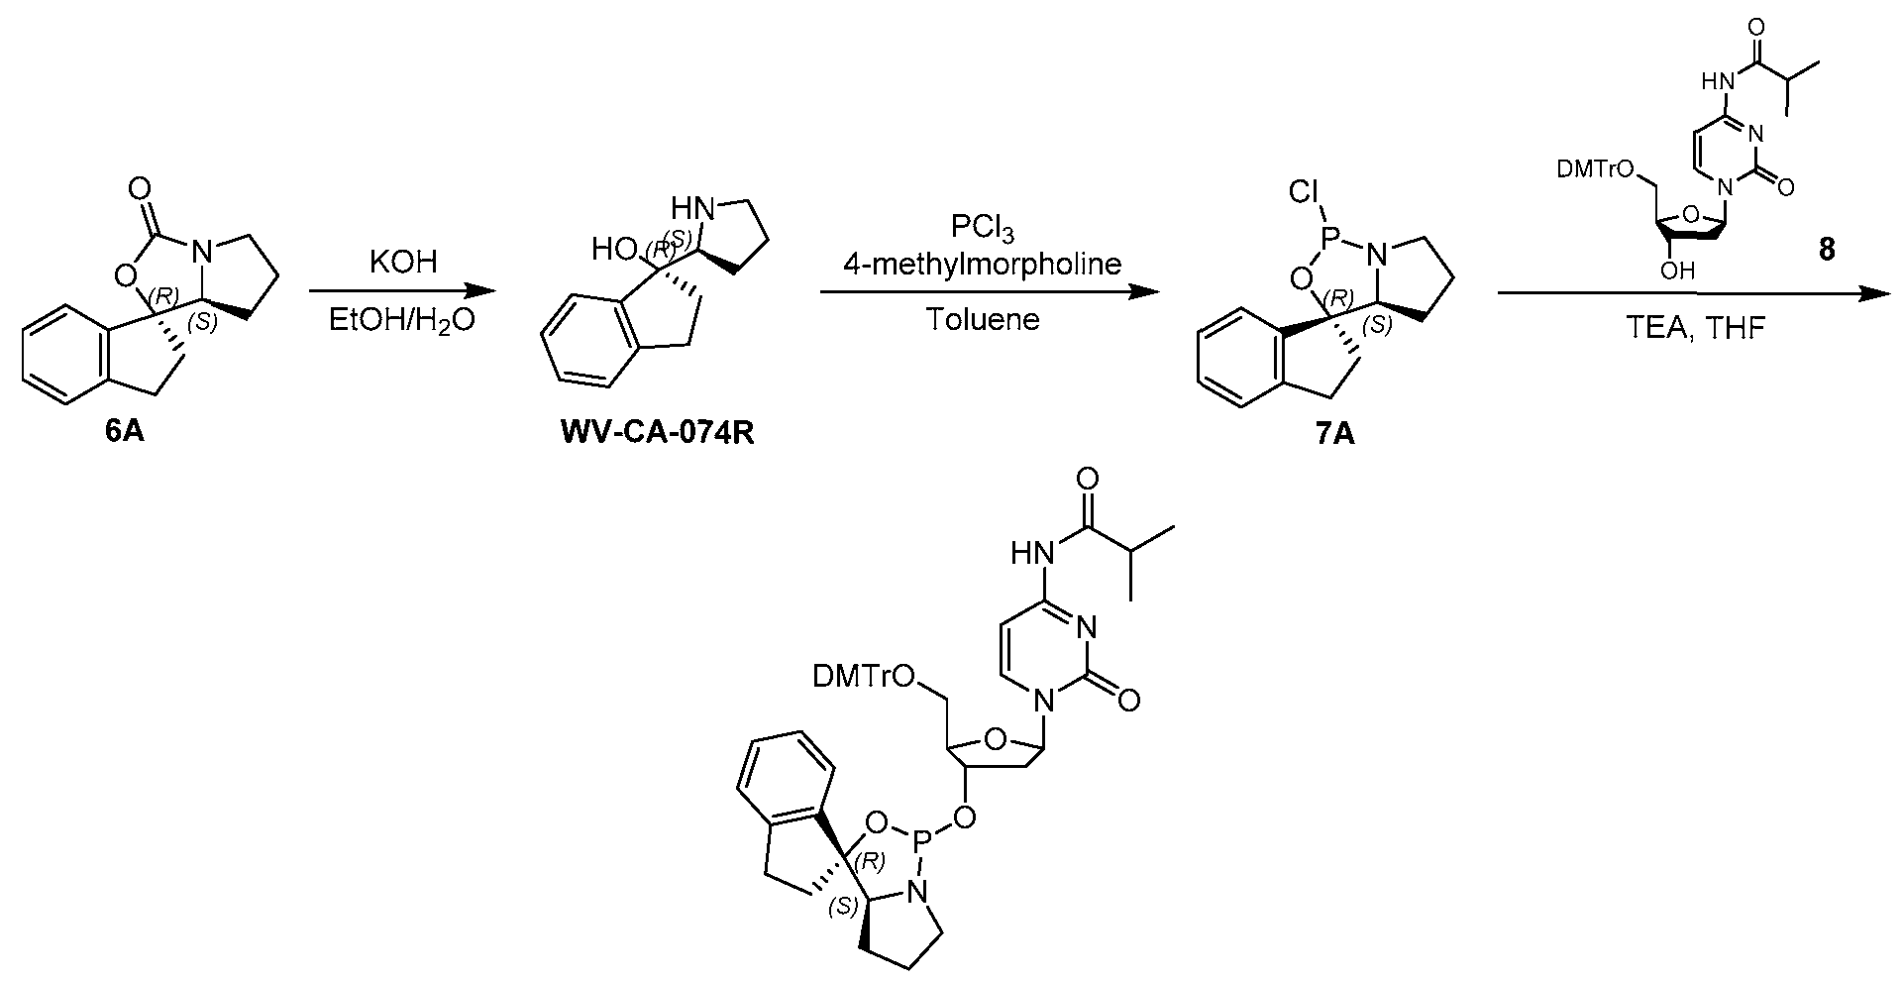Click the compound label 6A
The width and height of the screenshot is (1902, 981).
tap(125, 433)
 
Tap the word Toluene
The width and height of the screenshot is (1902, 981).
tap(982, 320)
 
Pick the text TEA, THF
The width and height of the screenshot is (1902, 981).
tap(1696, 328)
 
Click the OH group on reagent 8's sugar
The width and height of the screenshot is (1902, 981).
tap(1676, 270)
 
